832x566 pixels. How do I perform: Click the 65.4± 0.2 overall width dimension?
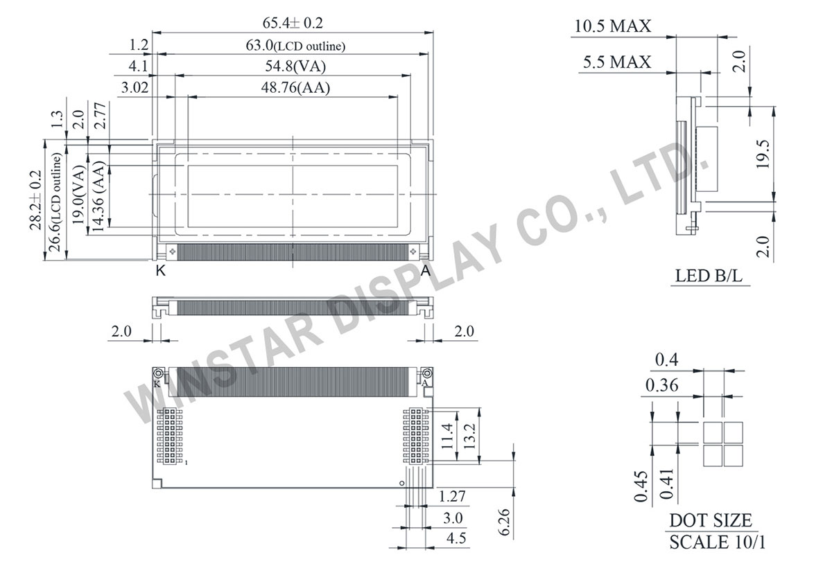pos(292,23)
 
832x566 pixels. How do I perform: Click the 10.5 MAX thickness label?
pos(612,26)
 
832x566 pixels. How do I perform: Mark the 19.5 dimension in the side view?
pos(763,154)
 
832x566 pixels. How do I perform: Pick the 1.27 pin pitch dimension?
pos(451,497)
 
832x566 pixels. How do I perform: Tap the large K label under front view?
pos(160,272)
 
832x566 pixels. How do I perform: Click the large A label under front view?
pos(426,272)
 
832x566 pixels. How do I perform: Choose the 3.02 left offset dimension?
pos(135,88)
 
